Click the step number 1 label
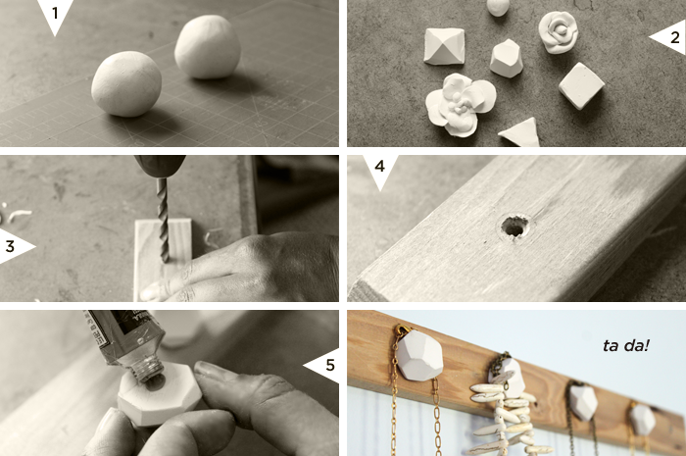click(x=55, y=13)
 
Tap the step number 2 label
click(x=675, y=37)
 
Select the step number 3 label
click(x=10, y=246)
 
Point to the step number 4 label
click(x=380, y=167)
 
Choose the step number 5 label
click(x=330, y=365)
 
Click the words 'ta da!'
click(x=625, y=346)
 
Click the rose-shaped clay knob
click(x=559, y=32)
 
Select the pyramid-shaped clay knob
click(x=444, y=46)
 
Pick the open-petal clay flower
click(x=461, y=104)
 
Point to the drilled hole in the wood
click(x=514, y=227)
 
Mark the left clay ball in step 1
click(x=126, y=84)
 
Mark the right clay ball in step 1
click(x=208, y=47)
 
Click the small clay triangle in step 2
click(x=520, y=133)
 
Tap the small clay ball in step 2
click(x=498, y=8)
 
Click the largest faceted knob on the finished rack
click(x=419, y=355)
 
